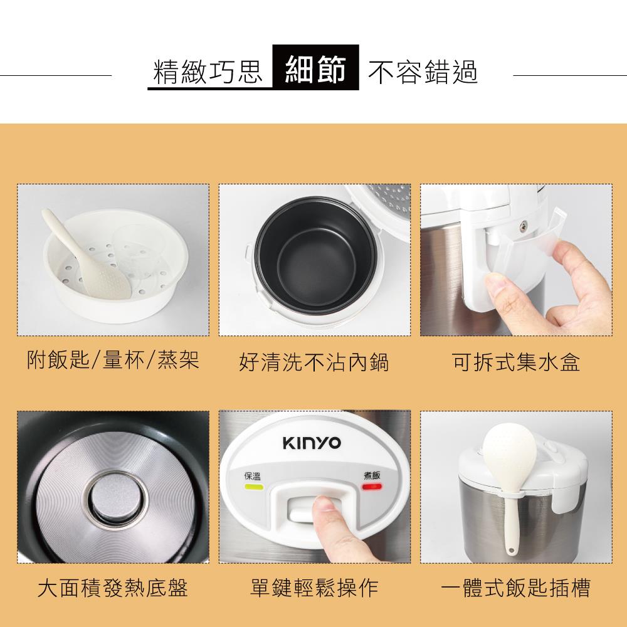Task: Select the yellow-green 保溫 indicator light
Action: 253,487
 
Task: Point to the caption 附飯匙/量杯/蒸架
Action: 113,361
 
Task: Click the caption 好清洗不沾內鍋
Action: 314,362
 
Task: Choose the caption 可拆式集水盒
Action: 515,362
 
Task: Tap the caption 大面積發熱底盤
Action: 113,587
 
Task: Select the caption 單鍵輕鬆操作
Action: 314,587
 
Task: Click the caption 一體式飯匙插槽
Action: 515,587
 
